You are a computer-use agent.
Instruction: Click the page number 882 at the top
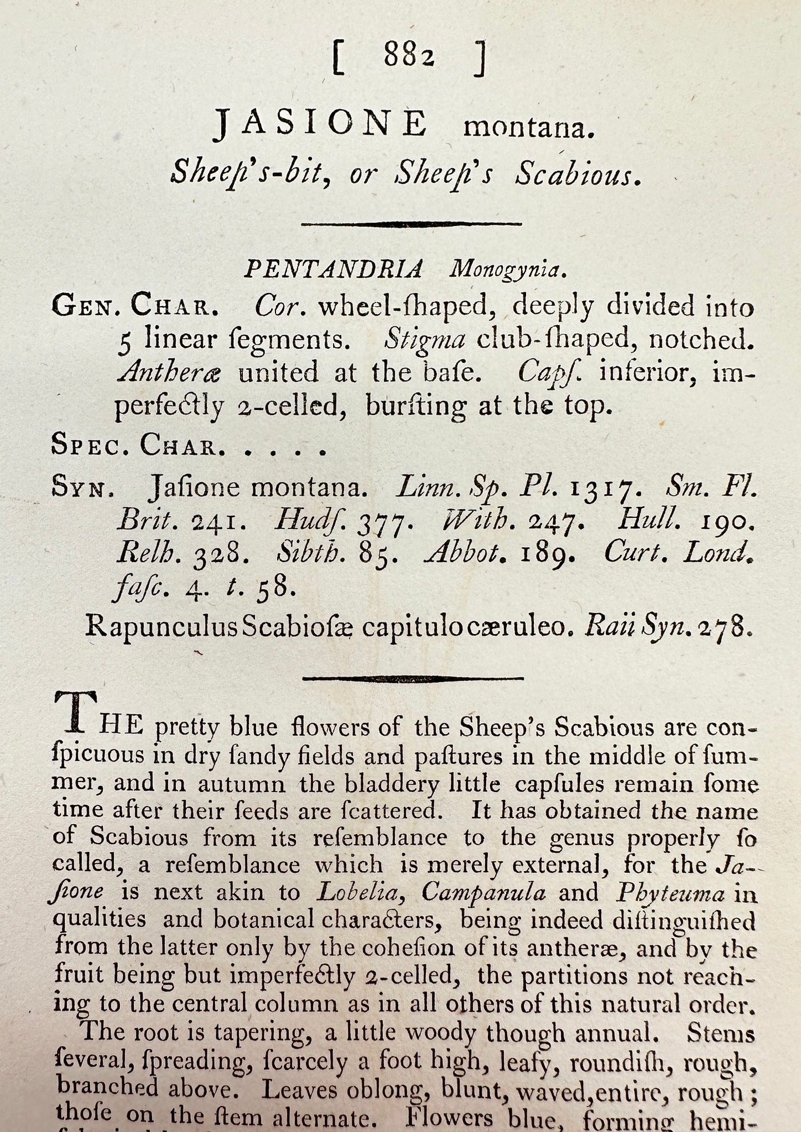tap(407, 57)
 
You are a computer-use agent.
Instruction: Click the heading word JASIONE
tap(320, 124)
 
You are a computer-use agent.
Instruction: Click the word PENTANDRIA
tap(333, 270)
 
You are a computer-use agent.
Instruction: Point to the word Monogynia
tap(508, 270)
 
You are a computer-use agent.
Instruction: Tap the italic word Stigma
tap(425, 339)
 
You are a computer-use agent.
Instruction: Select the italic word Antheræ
tap(169, 373)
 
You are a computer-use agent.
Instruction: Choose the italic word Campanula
tap(483, 893)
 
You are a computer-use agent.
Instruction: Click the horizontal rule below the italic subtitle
tap(411, 224)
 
